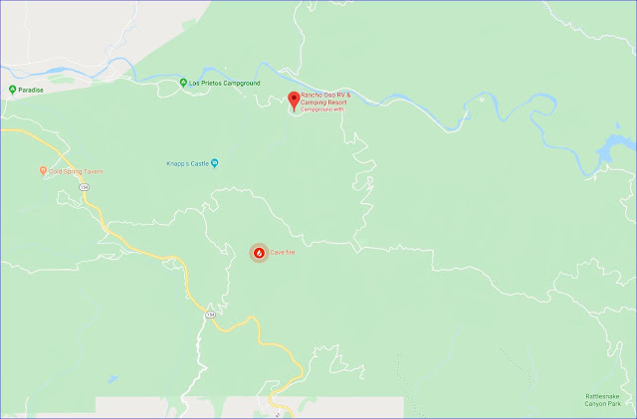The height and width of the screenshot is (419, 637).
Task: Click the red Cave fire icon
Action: [x=258, y=253]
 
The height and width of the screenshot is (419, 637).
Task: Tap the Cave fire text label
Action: [x=283, y=253]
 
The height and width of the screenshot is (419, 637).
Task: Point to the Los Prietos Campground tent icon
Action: [x=183, y=83]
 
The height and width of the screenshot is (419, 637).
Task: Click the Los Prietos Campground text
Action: [x=225, y=83]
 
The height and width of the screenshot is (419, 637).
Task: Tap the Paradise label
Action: [x=35, y=89]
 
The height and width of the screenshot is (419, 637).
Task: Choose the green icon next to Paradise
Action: [x=12, y=89]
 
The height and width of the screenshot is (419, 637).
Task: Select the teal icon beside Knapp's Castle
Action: [x=215, y=163]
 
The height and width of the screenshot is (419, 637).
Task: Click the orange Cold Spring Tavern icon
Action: [x=43, y=171]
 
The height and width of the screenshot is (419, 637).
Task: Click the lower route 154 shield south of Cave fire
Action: [x=210, y=314]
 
